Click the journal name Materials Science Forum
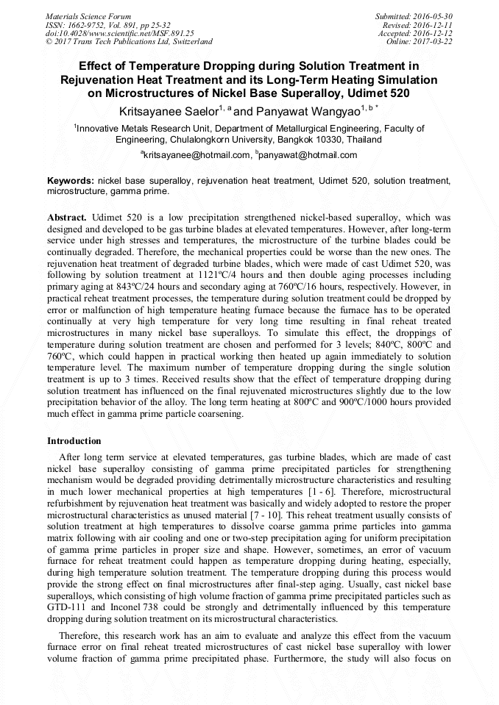(x=88, y=16)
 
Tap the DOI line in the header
(x=120, y=33)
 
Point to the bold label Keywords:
(x=71, y=180)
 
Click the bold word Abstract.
(x=67, y=218)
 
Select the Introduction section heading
(x=74, y=441)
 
